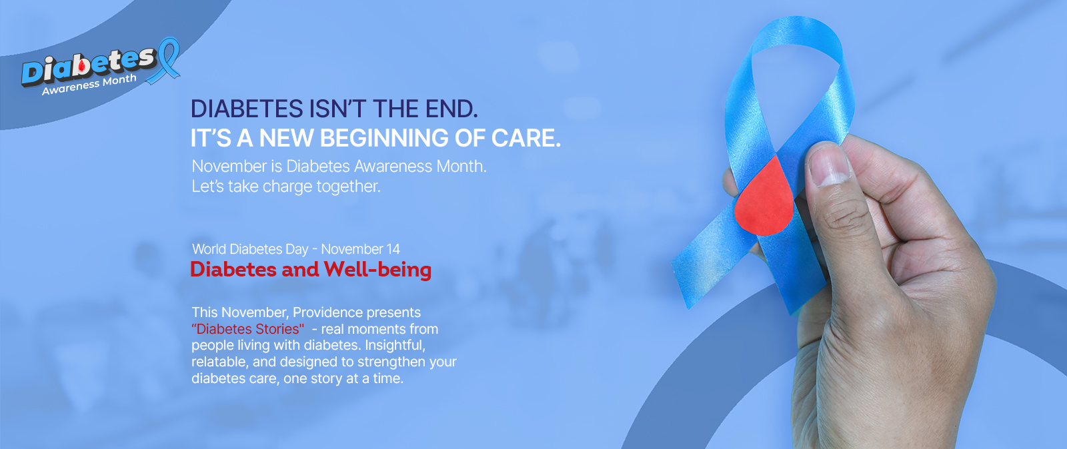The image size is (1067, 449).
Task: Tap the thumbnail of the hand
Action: [x=830, y=167]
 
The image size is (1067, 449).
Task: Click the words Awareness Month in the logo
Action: [x=89, y=84]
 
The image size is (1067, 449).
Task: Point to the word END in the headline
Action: [x=451, y=109]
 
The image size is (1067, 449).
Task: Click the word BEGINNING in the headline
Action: [x=384, y=139]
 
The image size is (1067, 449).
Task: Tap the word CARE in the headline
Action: [x=526, y=139]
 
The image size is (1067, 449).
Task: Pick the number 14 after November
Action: [x=393, y=249]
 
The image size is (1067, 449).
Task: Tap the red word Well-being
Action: [x=377, y=270]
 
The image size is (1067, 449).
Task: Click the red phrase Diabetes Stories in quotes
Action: [x=247, y=329]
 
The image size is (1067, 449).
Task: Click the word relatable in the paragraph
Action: [x=219, y=362]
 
